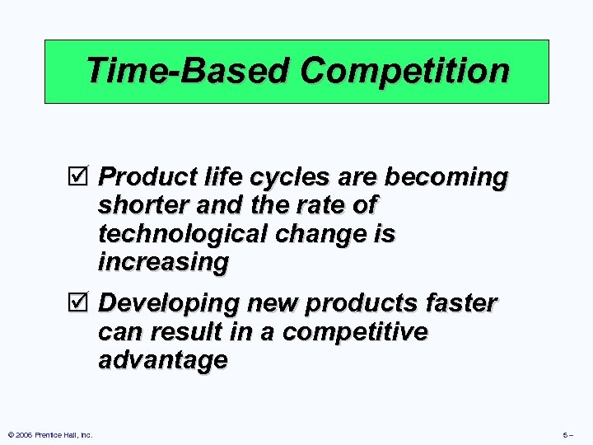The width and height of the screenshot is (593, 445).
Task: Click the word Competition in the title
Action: tap(404, 72)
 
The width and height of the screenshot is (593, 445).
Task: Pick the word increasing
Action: tap(162, 263)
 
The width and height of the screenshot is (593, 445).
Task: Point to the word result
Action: tap(187, 333)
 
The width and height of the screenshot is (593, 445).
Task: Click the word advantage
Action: tap(162, 361)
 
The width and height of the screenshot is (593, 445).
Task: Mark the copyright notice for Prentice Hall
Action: tap(49, 434)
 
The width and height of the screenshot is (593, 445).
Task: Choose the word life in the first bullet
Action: tap(206, 178)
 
